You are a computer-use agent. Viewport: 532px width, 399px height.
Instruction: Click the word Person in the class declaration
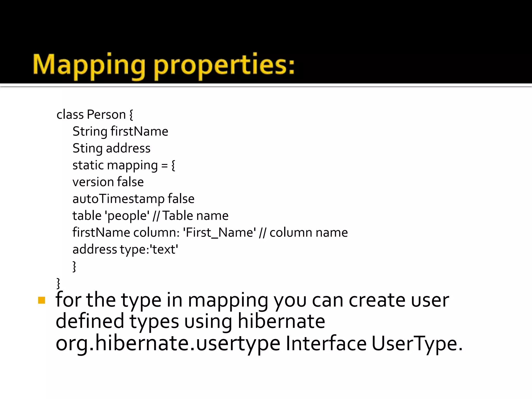(106, 115)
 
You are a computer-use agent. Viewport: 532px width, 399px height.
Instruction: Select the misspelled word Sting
(88, 149)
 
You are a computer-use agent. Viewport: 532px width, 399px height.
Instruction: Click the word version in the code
(93, 182)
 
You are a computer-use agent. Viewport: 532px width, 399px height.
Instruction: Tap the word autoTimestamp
(118, 199)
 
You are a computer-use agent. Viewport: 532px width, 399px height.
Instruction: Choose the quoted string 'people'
(127, 216)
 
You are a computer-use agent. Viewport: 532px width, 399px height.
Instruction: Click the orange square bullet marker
(42, 300)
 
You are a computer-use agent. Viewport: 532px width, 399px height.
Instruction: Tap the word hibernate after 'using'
(281, 321)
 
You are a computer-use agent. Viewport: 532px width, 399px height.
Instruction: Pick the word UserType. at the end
(417, 343)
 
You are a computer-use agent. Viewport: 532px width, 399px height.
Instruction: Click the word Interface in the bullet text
(326, 343)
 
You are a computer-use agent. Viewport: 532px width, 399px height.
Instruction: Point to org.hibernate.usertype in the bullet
(168, 343)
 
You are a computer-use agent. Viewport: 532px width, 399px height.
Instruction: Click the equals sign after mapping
(164, 165)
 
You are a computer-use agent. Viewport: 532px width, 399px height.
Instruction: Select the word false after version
(130, 182)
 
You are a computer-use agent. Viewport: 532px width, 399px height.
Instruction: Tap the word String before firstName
(90, 131)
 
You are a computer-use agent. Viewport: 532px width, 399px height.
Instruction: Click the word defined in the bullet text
(90, 321)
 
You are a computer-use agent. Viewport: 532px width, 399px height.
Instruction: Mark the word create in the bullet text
(377, 300)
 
